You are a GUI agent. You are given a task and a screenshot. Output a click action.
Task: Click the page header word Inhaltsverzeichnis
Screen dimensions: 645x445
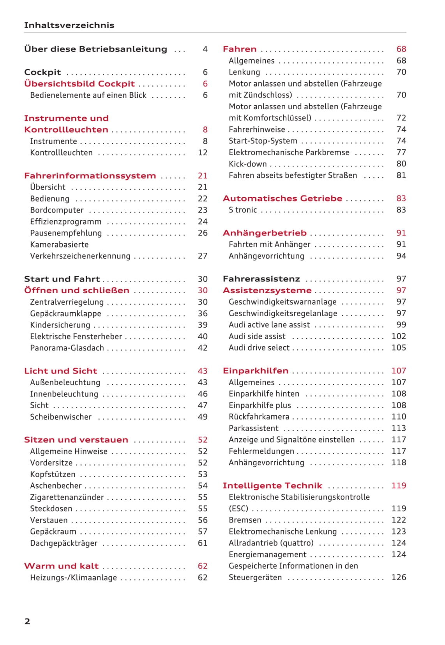click(x=69, y=25)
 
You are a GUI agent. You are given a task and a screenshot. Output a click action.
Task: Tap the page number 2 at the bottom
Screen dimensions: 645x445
click(x=27, y=621)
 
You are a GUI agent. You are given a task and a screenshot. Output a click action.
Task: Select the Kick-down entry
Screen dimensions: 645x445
click(x=248, y=164)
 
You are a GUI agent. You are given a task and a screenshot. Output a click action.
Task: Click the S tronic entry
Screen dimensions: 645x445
click(x=243, y=210)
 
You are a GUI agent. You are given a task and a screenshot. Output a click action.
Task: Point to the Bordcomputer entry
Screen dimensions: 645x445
click(x=57, y=210)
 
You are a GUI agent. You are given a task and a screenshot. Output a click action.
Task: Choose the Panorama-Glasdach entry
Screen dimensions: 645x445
click(x=67, y=348)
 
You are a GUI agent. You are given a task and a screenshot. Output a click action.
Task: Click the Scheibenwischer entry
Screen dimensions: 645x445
click(x=61, y=417)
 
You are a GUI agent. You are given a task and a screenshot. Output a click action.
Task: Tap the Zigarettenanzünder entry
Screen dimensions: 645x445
click(x=67, y=497)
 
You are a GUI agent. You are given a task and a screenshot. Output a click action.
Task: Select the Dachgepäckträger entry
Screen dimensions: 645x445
click(x=64, y=543)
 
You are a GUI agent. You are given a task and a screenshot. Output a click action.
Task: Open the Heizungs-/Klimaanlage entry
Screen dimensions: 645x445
click(x=73, y=578)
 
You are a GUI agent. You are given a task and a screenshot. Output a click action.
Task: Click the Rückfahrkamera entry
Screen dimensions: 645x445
click(x=259, y=417)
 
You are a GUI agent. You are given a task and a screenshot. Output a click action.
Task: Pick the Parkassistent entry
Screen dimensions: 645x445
click(x=254, y=428)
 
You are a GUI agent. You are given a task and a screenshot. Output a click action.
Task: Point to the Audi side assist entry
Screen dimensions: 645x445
click(x=257, y=336)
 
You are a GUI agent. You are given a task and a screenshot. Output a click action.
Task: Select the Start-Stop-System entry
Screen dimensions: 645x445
click(x=263, y=141)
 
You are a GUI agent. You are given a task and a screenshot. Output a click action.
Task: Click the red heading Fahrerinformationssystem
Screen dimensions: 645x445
click(x=90, y=176)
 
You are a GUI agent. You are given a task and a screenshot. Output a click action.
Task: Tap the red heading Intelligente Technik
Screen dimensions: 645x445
click(x=272, y=486)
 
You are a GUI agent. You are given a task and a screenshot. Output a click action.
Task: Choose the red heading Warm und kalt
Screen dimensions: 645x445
click(x=61, y=566)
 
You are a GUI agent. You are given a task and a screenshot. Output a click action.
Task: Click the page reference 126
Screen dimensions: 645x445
click(x=399, y=578)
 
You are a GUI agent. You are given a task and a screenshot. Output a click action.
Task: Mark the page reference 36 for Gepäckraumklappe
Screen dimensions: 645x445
click(x=203, y=314)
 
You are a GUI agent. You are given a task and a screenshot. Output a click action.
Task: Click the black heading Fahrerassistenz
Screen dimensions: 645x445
click(x=261, y=279)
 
